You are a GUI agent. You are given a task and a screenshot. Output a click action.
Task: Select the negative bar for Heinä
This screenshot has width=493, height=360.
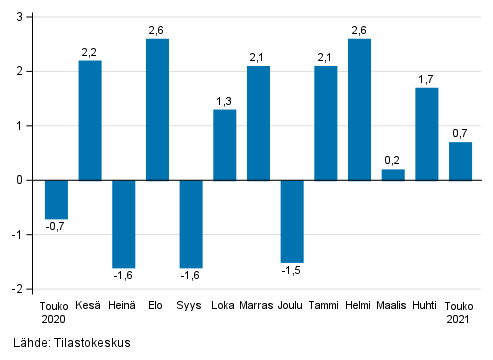pos(124,224)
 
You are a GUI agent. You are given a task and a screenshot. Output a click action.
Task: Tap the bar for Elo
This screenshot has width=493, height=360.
pos(157,109)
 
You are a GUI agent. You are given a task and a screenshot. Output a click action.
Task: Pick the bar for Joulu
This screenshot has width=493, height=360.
pos(292,221)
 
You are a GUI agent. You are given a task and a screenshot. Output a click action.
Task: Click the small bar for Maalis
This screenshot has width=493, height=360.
pos(393,175)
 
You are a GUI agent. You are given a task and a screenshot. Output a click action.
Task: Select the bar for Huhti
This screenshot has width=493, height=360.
pos(427,134)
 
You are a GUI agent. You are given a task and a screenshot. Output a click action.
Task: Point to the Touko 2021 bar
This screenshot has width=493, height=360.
pos(460,161)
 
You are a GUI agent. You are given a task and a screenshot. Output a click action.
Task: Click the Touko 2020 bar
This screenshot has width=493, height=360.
pos(56,199)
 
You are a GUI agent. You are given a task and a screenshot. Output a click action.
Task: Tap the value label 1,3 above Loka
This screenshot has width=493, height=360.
pos(225,101)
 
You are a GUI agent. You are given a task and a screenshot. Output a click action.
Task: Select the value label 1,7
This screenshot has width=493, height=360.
pos(427,79)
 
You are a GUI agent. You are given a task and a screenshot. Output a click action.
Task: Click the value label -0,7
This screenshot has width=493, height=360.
pos(56,227)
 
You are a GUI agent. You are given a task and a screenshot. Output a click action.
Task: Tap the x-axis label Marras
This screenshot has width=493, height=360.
pos(258,307)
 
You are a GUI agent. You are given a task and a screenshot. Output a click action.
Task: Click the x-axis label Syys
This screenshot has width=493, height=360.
pos(191,307)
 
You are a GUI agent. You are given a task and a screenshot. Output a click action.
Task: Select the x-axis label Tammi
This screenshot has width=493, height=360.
pos(326,307)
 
